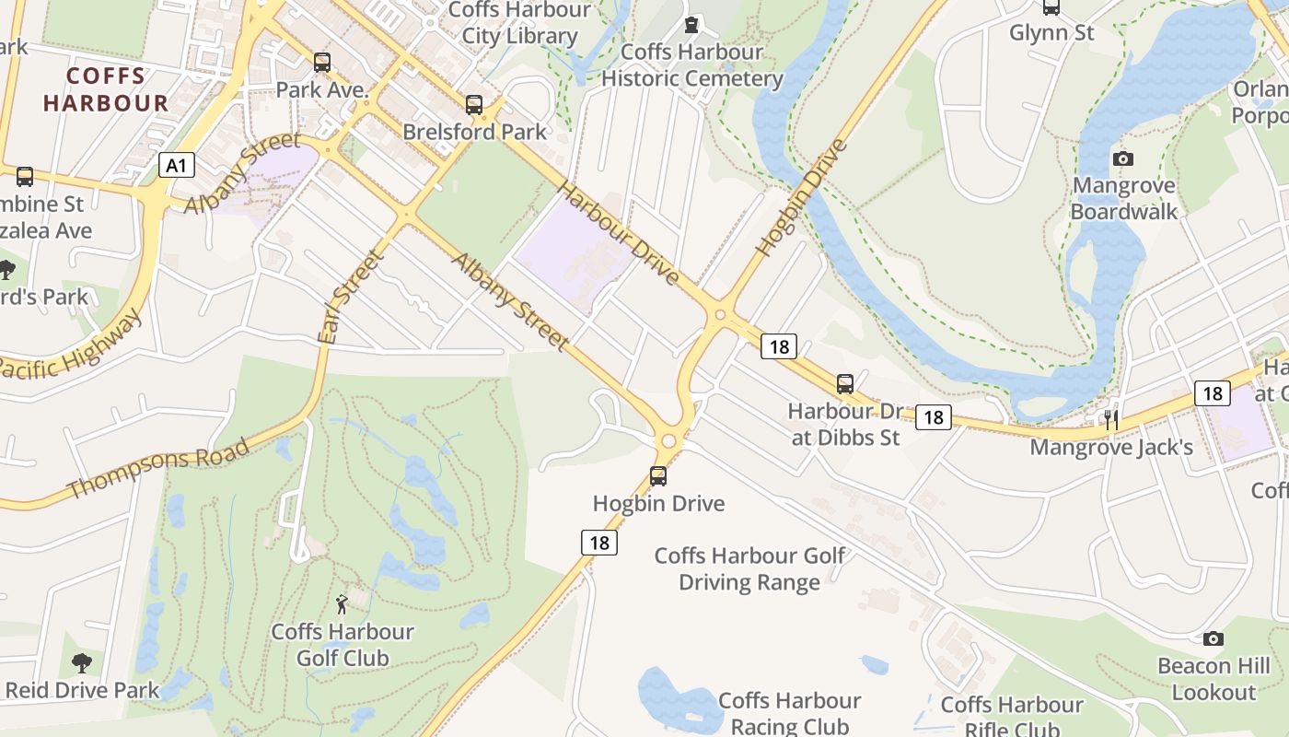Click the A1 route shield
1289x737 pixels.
177,166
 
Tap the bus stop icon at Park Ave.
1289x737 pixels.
321,63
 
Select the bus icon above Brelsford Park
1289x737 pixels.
474,105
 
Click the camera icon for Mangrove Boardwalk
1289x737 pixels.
1122,159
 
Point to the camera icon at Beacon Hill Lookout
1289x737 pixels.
1213,638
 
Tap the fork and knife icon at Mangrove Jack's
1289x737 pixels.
1111,420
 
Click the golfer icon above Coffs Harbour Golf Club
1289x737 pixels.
343,604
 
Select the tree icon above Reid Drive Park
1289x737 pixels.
82,662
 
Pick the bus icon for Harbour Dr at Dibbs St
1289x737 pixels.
844,384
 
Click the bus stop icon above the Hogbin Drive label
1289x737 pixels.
658,476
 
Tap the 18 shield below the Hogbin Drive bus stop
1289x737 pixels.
598,543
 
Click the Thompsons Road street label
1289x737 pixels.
158,468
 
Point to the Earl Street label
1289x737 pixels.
348,297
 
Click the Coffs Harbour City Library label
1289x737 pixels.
519,23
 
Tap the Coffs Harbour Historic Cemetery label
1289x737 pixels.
691,64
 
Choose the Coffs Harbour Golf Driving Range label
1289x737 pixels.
749,568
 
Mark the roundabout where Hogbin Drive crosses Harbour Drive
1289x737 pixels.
720,315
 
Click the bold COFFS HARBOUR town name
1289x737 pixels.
106,89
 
